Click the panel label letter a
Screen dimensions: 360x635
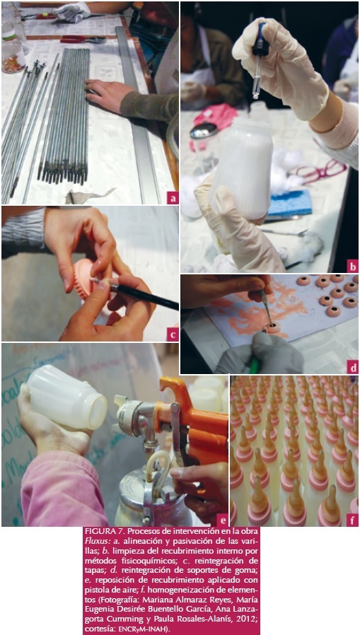(173, 199)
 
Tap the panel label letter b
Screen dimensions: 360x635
(353, 267)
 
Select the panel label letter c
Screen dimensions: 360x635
(173, 335)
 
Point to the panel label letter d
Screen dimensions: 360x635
(353, 368)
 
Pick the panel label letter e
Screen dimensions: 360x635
(223, 520)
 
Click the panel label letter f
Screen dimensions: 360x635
(353, 520)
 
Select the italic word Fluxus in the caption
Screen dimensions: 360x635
(95, 540)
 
